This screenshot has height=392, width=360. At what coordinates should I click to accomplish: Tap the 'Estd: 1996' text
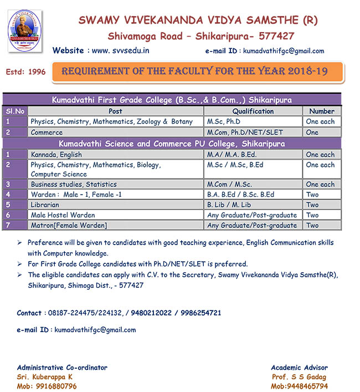pyautogui.click(x=25, y=73)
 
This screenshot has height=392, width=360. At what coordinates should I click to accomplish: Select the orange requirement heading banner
pyautogui.click(x=198, y=72)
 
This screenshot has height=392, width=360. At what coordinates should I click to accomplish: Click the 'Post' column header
pyautogui.click(x=115, y=111)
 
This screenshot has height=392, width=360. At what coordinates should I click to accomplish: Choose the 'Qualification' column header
pyautogui.click(x=253, y=111)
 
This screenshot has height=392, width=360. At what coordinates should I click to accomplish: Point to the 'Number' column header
pyautogui.click(x=322, y=111)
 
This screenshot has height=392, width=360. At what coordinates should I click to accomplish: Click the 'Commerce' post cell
pyautogui.click(x=47, y=133)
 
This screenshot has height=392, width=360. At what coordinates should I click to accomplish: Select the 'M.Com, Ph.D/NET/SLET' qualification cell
pyautogui.click(x=243, y=133)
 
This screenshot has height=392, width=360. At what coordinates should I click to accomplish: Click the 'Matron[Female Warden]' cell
pyautogui.click(x=69, y=225)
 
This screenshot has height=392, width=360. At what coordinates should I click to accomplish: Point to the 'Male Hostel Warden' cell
pyautogui.click(x=63, y=215)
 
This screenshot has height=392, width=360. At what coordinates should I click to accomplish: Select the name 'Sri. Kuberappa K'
pyautogui.click(x=45, y=376)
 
